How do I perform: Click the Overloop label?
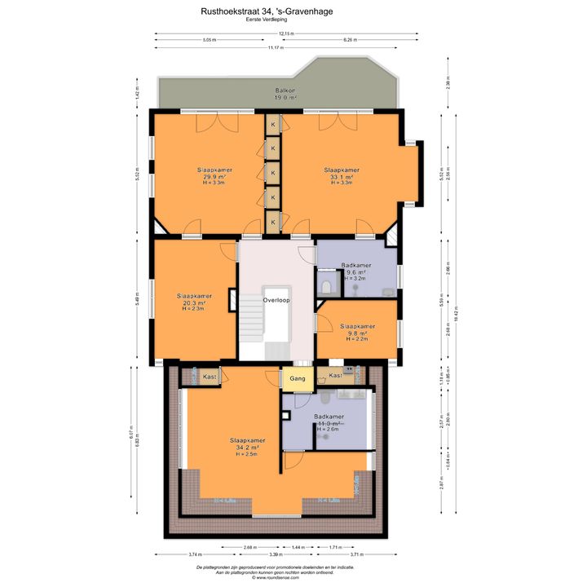[x=276, y=300]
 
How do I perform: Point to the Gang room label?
[x=298, y=378]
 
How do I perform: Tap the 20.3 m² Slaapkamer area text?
[x=194, y=302]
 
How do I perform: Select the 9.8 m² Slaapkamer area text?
[x=357, y=333]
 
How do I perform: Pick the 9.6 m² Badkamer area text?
[x=356, y=272]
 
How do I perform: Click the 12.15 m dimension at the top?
[x=286, y=33]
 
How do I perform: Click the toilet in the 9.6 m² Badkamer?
[x=326, y=286]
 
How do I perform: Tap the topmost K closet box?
[x=273, y=124]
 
